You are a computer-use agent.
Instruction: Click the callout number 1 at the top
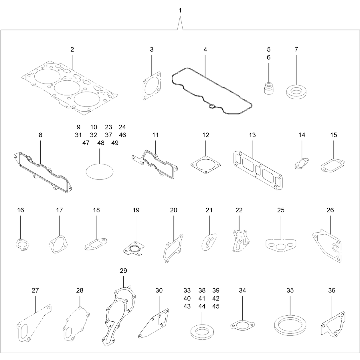[x=180, y=11]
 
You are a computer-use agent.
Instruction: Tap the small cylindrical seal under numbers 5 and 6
[x=269, y=88]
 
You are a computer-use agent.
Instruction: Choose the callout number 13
[x=252, y=135]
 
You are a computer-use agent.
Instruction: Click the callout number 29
[x=123, y=271]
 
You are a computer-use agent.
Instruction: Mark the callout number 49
[x=115, y=143]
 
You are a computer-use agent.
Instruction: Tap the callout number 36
[x=332, y=290]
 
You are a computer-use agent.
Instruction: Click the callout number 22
[x=239, y=210]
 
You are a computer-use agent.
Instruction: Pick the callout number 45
[x=216, y=306]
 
